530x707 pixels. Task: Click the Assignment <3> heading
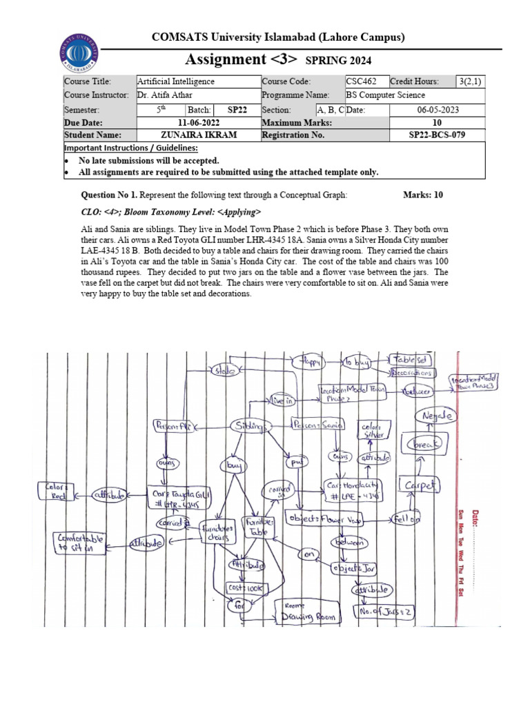(x=245, y=60)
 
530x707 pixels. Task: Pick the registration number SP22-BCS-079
(x=437, y=135)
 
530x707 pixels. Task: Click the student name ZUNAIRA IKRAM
(x=199, y=135)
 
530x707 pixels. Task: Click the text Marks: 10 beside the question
(x=422, y=195)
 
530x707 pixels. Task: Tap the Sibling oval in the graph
(x=249, y=427)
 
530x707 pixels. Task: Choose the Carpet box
(x=418, y=486)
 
